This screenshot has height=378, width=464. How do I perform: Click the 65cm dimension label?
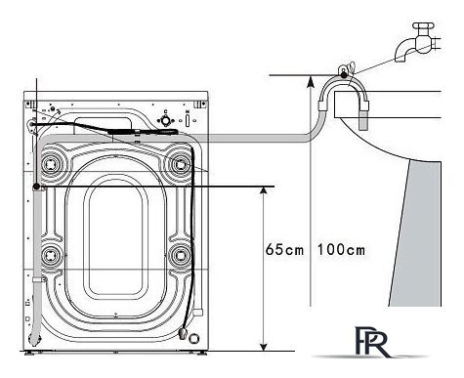click(284, 250)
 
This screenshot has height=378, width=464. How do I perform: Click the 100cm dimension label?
click(341, 250)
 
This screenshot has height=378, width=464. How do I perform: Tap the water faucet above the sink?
click(417, 42)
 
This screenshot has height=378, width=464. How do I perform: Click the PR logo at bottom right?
click(371, 342)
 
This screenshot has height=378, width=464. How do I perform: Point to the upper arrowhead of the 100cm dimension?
click(311, 80)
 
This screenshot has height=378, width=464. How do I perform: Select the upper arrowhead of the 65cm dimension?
click(264, 191)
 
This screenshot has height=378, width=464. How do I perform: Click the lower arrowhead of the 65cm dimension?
click(264, 346)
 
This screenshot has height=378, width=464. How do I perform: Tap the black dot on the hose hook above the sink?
click(344, 75)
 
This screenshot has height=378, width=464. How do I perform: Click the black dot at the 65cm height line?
click(36, 187)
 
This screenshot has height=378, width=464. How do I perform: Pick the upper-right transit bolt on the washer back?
click(180, 163)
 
